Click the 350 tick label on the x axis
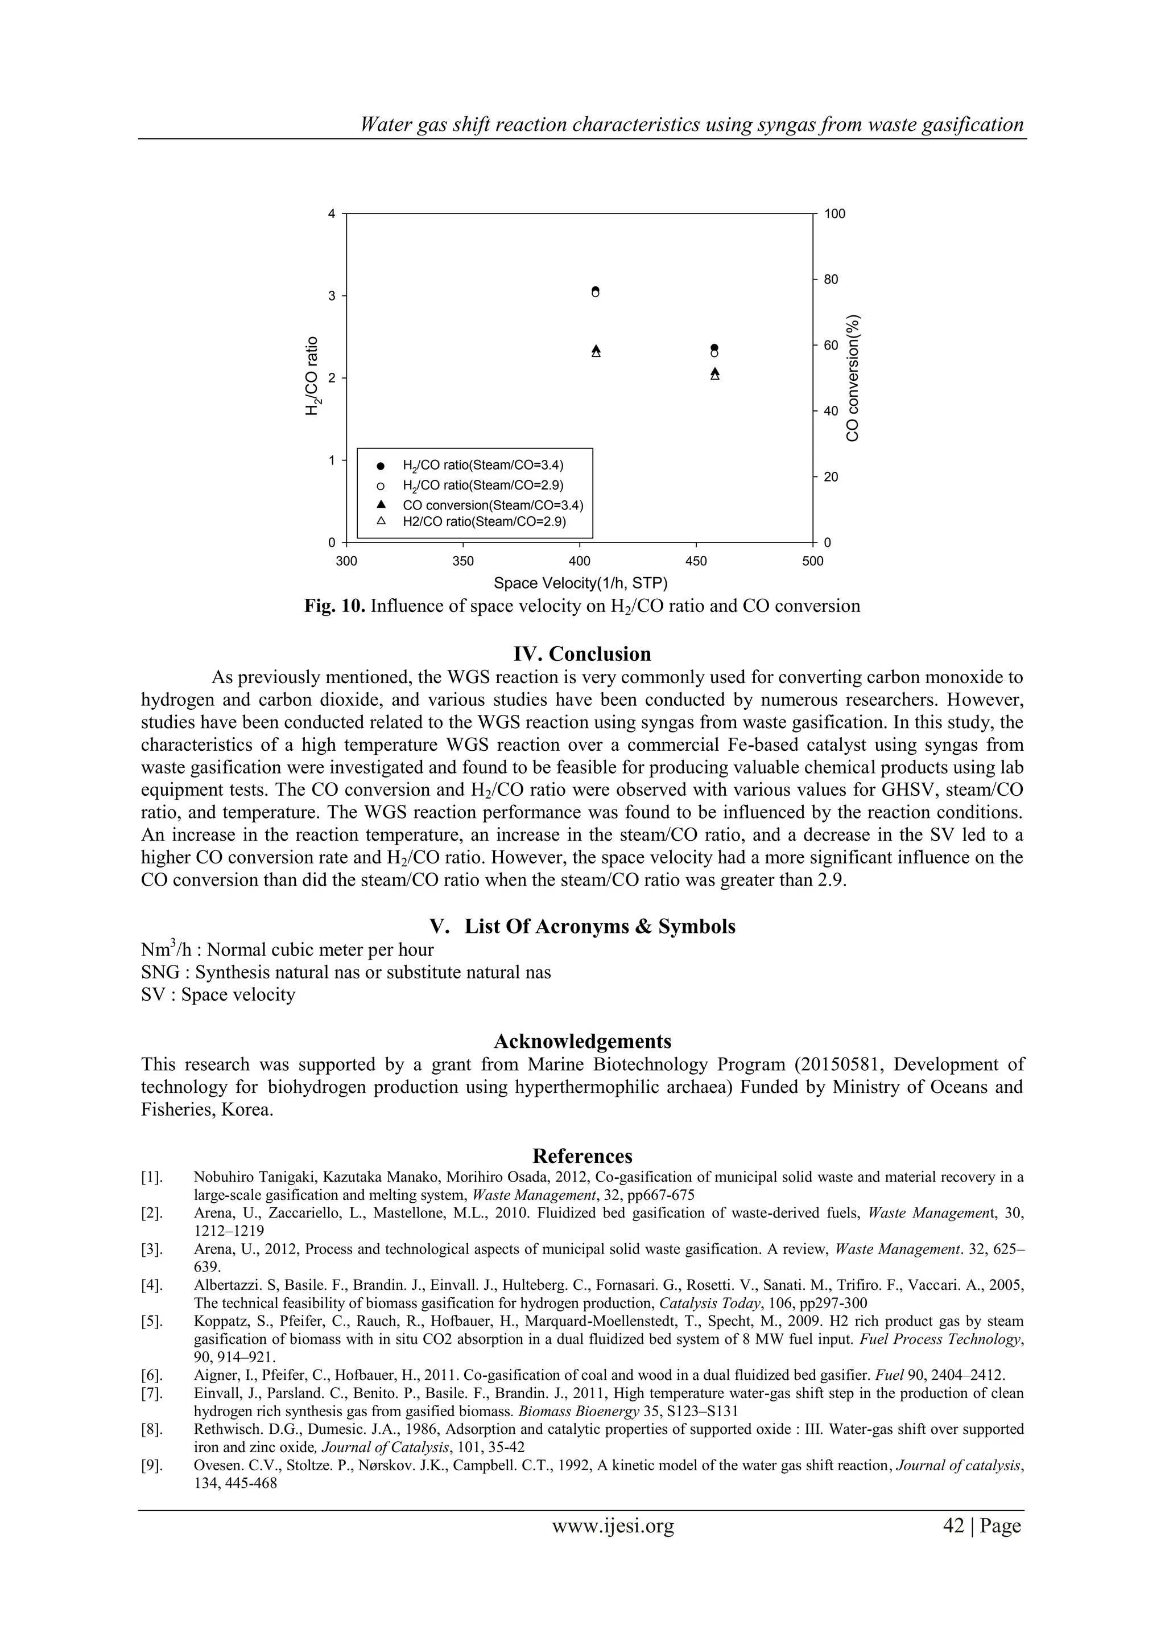click(x=463, y=561)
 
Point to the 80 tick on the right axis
click(x=831, y=279)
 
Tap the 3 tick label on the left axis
click(x=332, y=296)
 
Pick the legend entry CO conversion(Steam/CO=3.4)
click(x=488, y=505)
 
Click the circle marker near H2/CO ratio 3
click(x=596, y=291)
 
